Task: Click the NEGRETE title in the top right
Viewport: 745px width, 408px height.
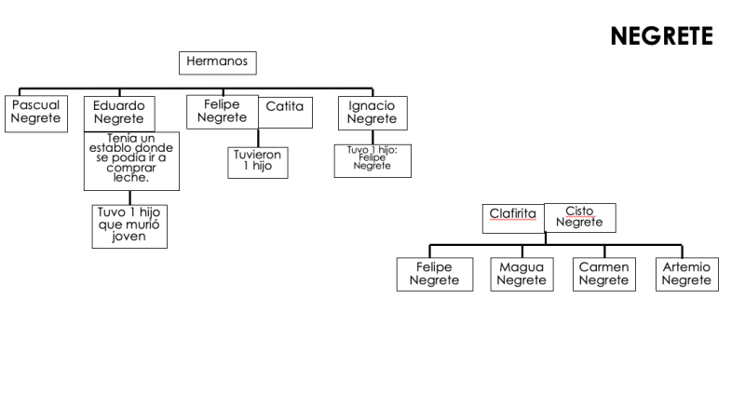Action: pyautogui.click(x=661, y=36)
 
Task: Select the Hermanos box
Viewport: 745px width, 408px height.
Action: pyautogui.click(x=217, y=61)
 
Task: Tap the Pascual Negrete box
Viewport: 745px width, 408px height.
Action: pyautogui.click(x=35, y=113)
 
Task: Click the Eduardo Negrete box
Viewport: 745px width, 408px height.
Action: pyautogui.click(x=118, y=113)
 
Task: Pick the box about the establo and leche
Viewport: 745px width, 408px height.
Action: pyautogui.click(x=131, y=160)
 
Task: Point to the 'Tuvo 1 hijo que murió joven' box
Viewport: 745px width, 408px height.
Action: pyautogui.click(x=129, y=224)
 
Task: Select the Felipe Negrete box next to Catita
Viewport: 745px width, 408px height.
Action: pyautogui.click(x=222, y=112)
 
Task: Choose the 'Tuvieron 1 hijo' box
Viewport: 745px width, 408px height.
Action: pyautogui.click(x=257, y=160)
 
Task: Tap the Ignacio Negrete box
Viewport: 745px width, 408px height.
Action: pyautogui.click(x=372, y=113)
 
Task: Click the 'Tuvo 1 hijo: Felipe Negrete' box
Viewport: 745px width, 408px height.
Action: pyautogui.click(x=372, y=159)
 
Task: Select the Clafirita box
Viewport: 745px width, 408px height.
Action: pyautogui.click(x=513, y=216)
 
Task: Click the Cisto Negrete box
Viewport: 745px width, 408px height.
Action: pyautogui.click(x=579, y=216)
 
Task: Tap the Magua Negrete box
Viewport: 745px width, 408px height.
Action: pyautogui.click(x=521, y=274)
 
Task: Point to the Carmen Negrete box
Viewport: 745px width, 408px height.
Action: pyautogui.click(x=603, y=274)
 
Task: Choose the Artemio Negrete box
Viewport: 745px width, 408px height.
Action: pyautogui.click(x=686, y=274)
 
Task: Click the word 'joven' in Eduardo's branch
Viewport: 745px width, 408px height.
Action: pyautogui.click(x=129, y=237)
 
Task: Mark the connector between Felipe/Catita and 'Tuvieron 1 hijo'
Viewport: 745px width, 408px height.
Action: pyautogui.click(x=257, y=136)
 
